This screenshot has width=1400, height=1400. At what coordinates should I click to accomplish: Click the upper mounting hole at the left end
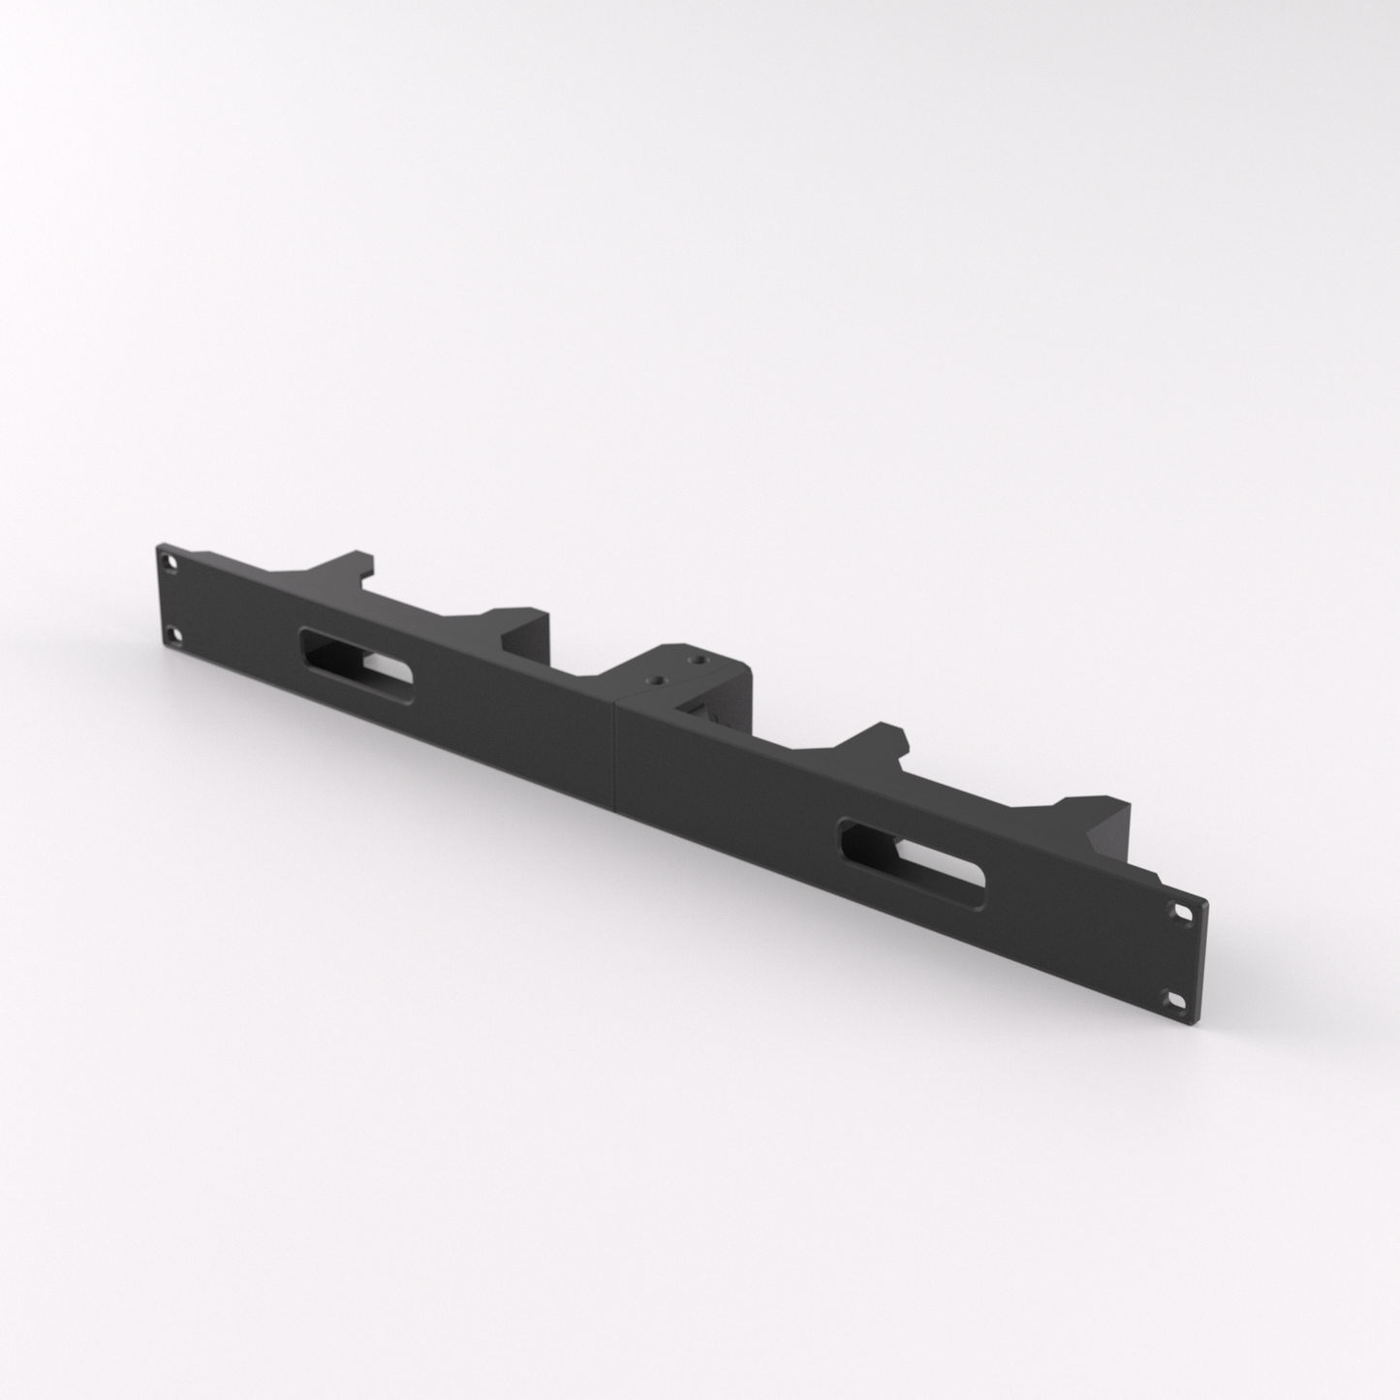click(x=171, y=561)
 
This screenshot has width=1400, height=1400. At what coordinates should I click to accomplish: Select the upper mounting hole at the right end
click(x=1184, y=912)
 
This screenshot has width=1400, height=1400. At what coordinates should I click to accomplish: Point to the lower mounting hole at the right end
click(x=1176, y=999)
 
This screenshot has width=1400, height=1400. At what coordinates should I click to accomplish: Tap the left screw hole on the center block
click(x=658, y=678)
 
